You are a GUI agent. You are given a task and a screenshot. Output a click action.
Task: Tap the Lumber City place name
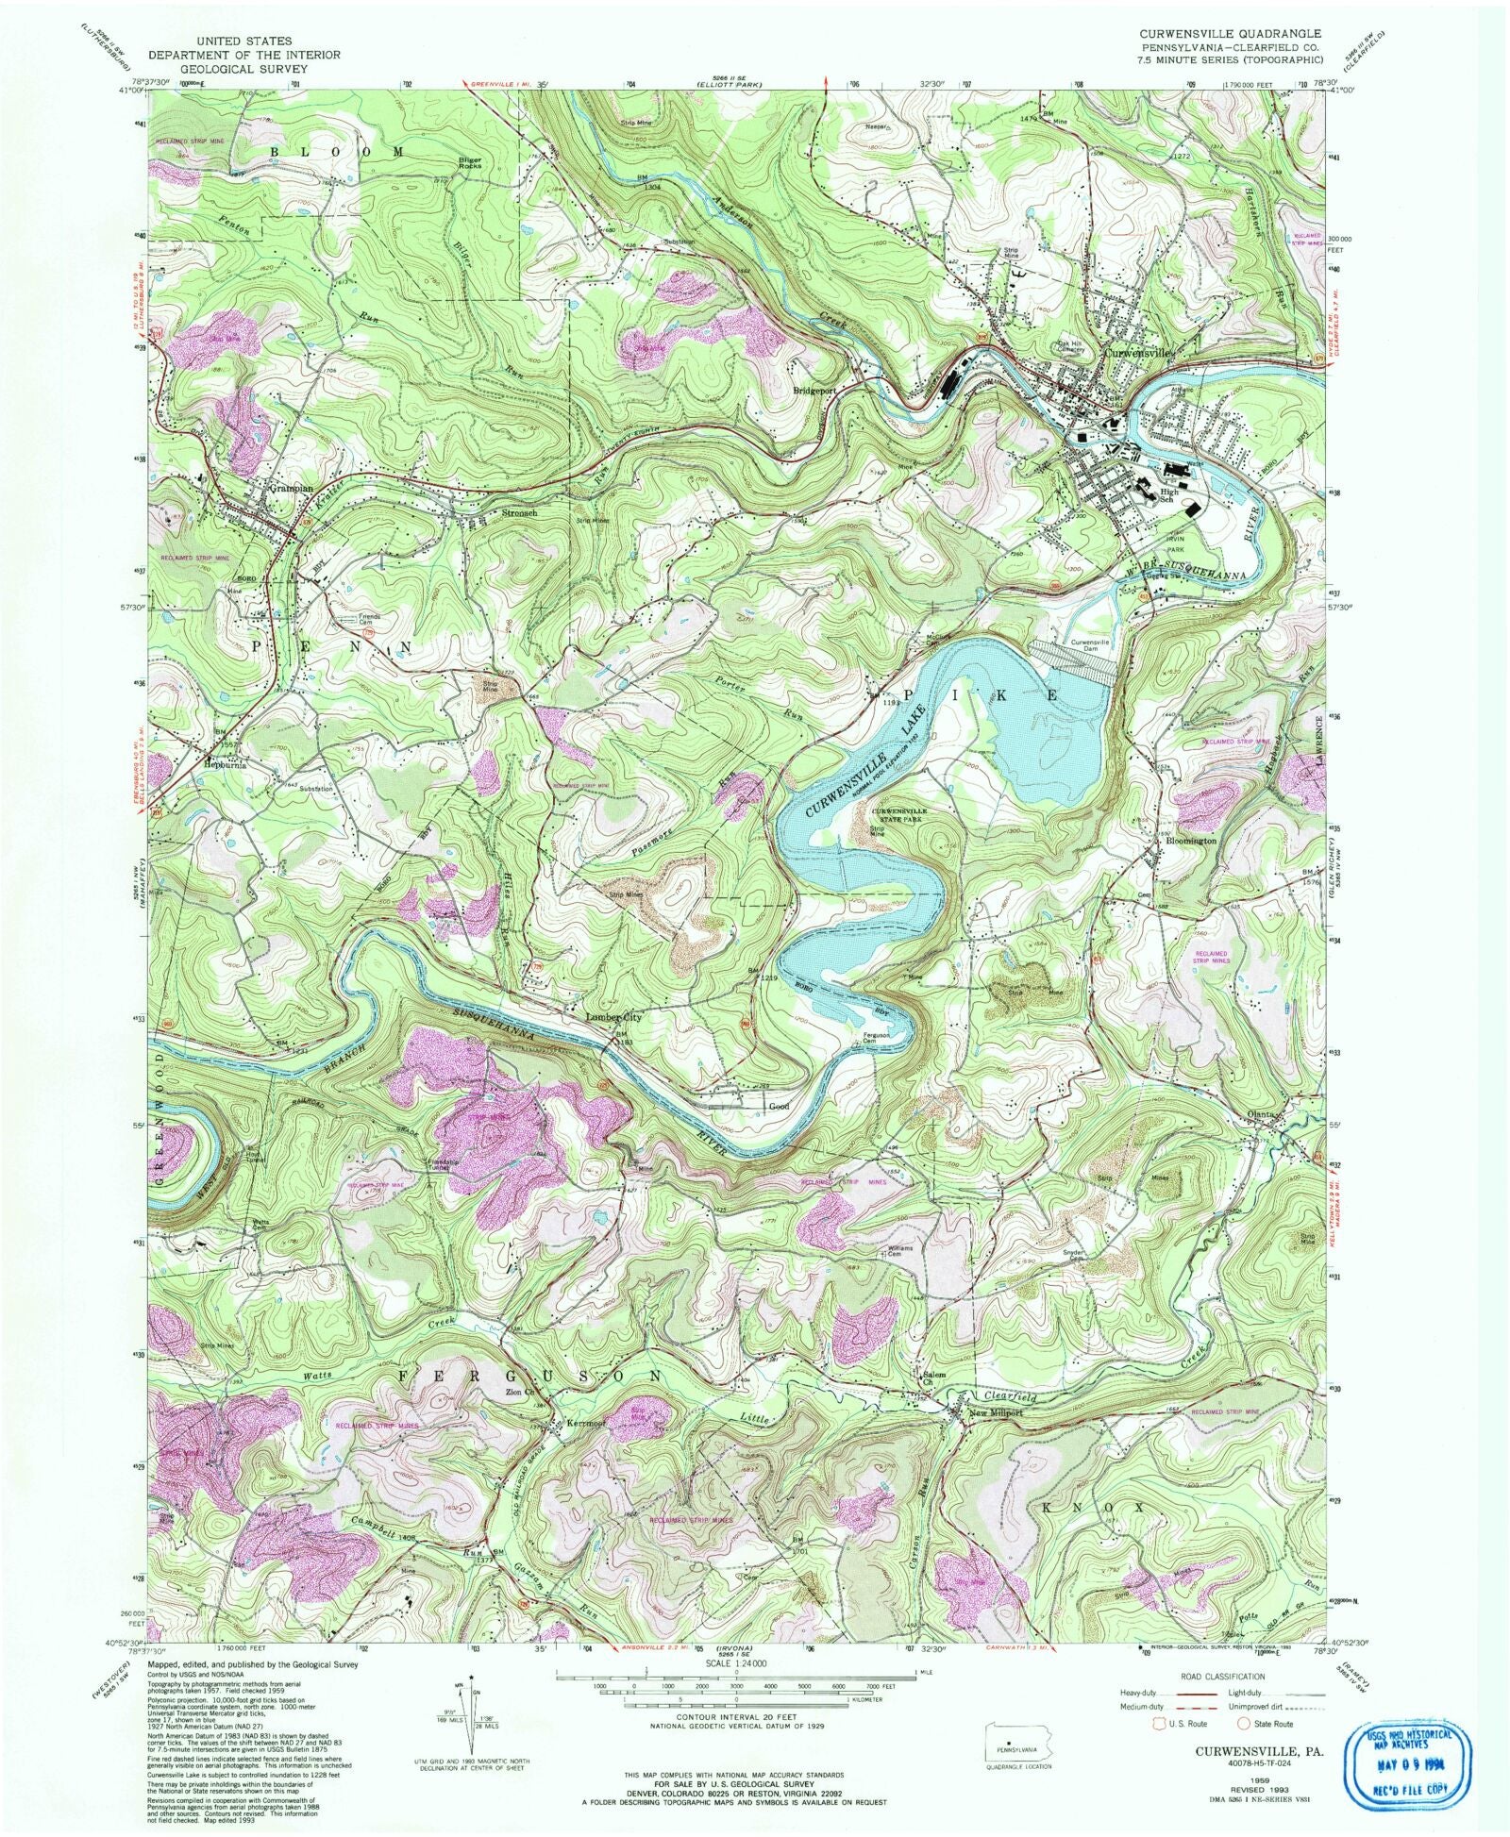[x=612, y=1018]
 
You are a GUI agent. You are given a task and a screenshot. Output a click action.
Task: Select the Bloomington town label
[x=1190, y=840]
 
